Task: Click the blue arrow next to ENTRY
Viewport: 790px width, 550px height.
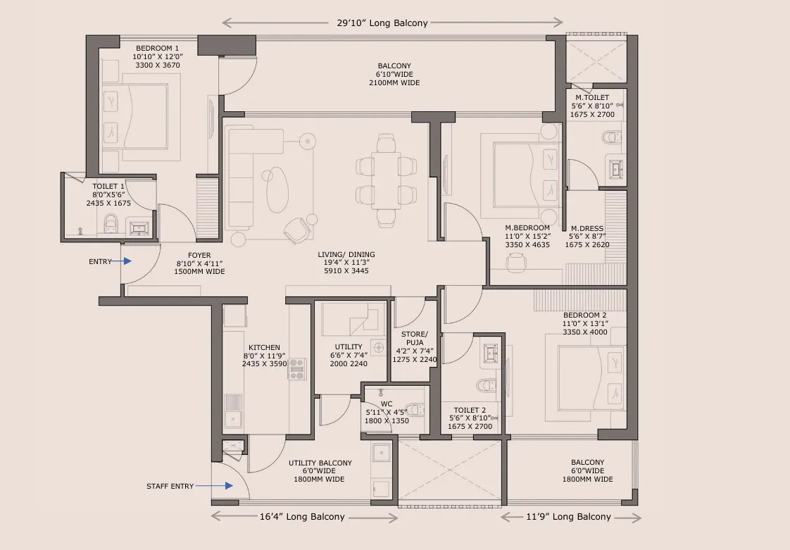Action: tap(127, 261)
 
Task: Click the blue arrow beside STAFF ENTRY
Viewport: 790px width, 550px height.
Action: tap(228, 485)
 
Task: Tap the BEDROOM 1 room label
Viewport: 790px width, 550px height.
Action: tap(156, 48)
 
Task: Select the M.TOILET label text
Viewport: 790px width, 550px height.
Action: tap(591, 97)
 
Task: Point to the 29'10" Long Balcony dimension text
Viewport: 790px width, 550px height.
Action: tap(392, 23)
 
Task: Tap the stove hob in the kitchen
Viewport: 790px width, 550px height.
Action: tap(297, 368)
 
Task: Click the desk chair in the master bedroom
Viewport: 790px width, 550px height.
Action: tap(517, 261)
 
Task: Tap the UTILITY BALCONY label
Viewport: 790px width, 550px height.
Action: tap(320, 463)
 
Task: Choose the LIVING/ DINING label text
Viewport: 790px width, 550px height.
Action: tap(346, 254)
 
